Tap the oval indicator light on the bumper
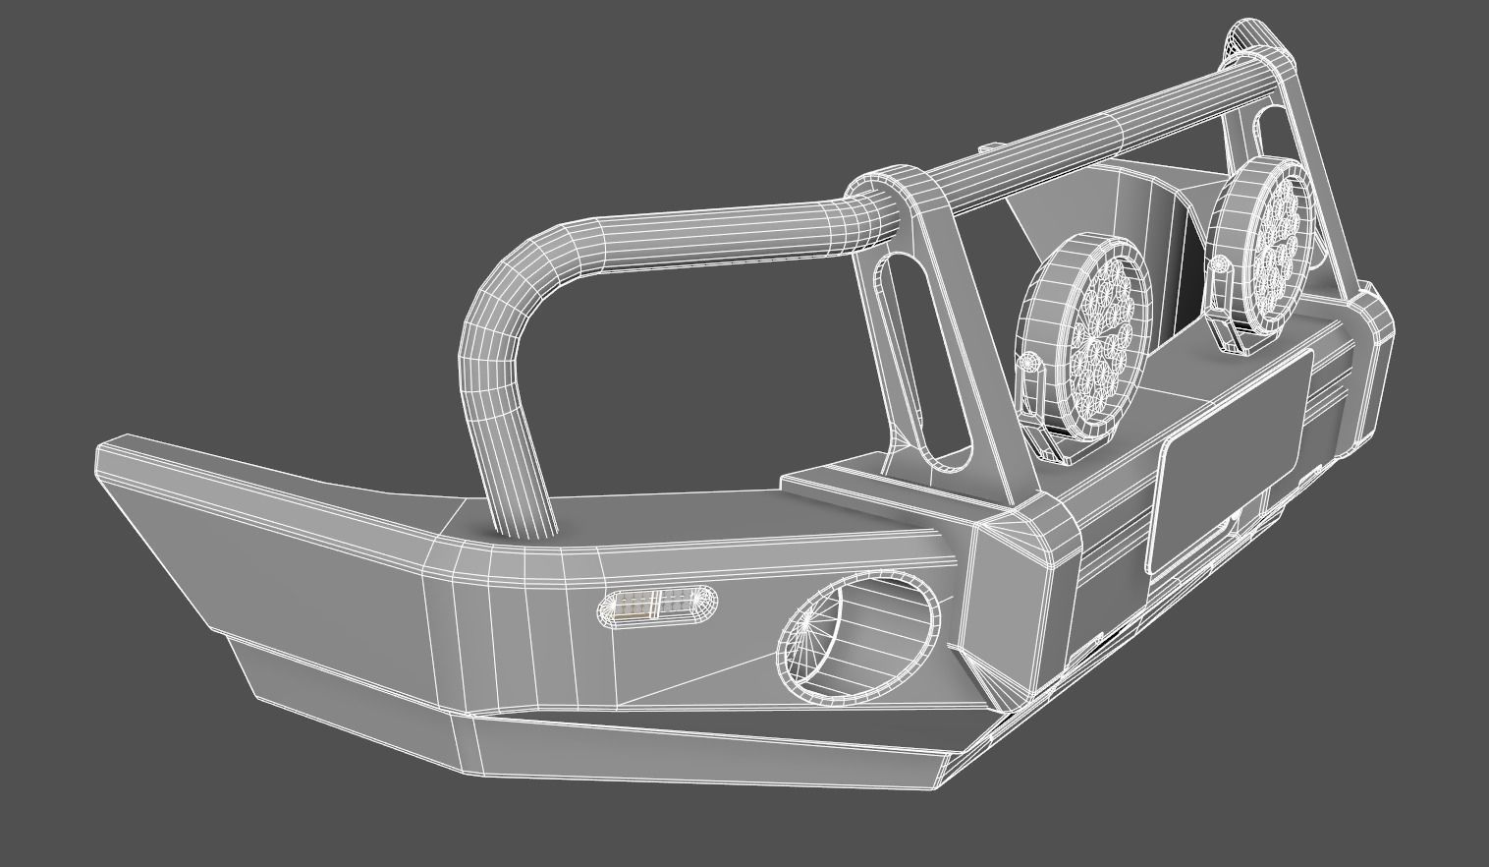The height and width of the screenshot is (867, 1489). click(657, 606)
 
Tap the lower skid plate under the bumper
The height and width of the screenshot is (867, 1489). click(688, 747)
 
